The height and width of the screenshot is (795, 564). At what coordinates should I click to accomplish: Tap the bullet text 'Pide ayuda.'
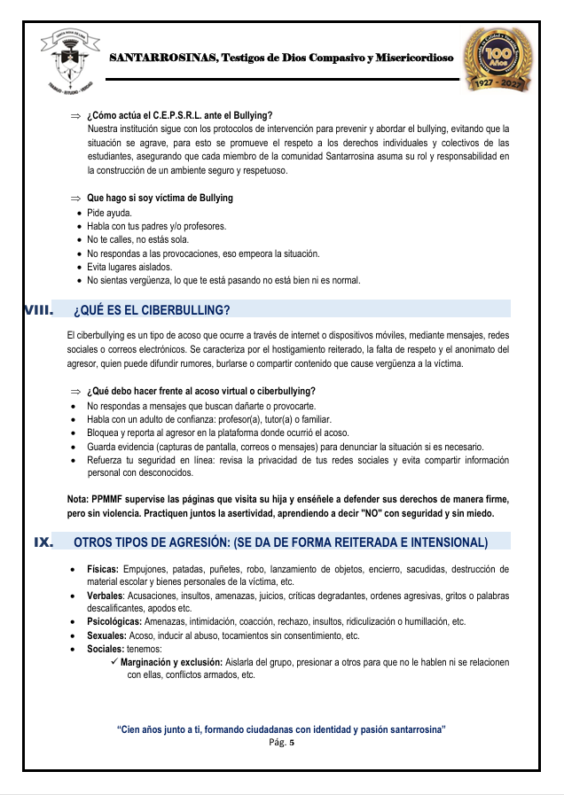(109, 214)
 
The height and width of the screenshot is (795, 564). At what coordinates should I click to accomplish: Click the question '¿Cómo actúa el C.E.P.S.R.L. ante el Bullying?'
(179, 116)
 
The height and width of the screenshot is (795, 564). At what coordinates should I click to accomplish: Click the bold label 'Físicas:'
(103, 569)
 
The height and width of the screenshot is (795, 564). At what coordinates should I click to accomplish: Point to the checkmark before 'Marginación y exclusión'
(114, 662)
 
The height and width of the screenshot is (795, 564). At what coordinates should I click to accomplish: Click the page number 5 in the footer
(291, 743)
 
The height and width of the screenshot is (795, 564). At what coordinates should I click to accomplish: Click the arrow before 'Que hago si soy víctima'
(75, 199)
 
